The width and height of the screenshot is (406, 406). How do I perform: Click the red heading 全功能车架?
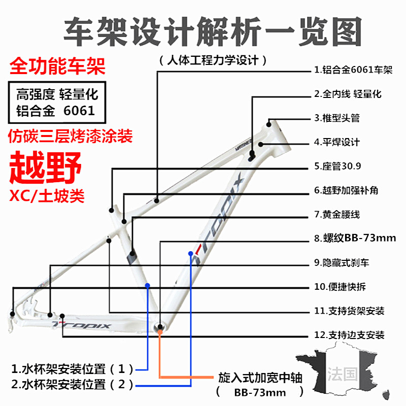click(x=57, y=66)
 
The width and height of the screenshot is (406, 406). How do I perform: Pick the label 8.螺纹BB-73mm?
click(x=354, y=239)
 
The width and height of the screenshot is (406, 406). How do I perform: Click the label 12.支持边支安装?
click(x=349, y=335)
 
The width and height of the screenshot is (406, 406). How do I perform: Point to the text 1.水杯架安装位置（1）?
click(x=73, y=367)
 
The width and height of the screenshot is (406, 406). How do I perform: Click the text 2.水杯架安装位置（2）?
click(x=73, y=384)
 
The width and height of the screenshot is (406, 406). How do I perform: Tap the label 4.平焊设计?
click(x=336, y=142)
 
